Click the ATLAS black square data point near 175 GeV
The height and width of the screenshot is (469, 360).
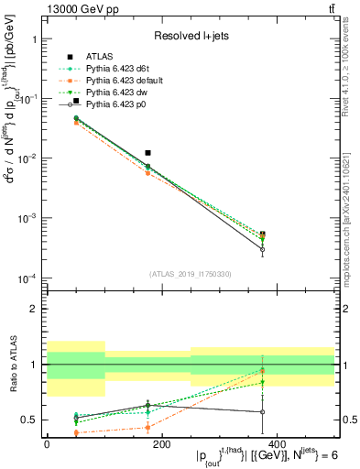(148, 153)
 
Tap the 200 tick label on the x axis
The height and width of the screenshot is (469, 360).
(161, 444)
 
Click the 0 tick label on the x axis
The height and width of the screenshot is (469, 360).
(47, 444)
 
